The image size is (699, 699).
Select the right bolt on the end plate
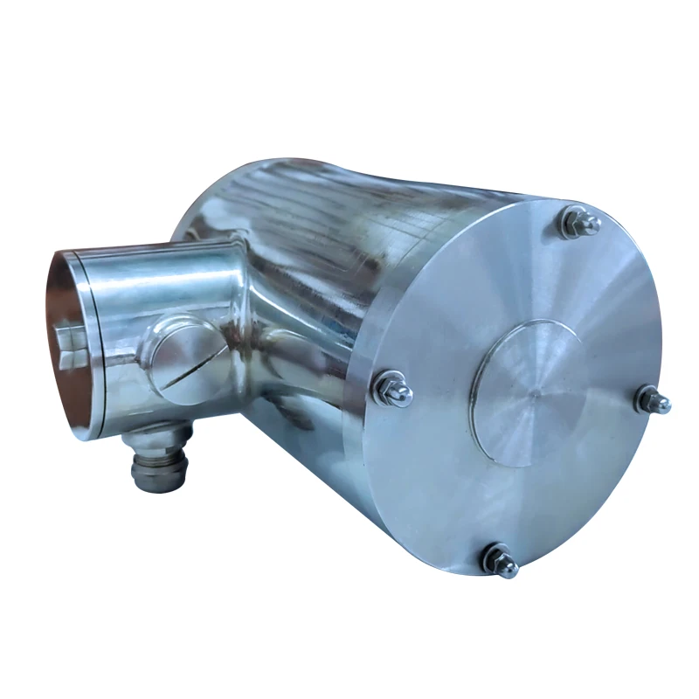[x=654, y=400]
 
